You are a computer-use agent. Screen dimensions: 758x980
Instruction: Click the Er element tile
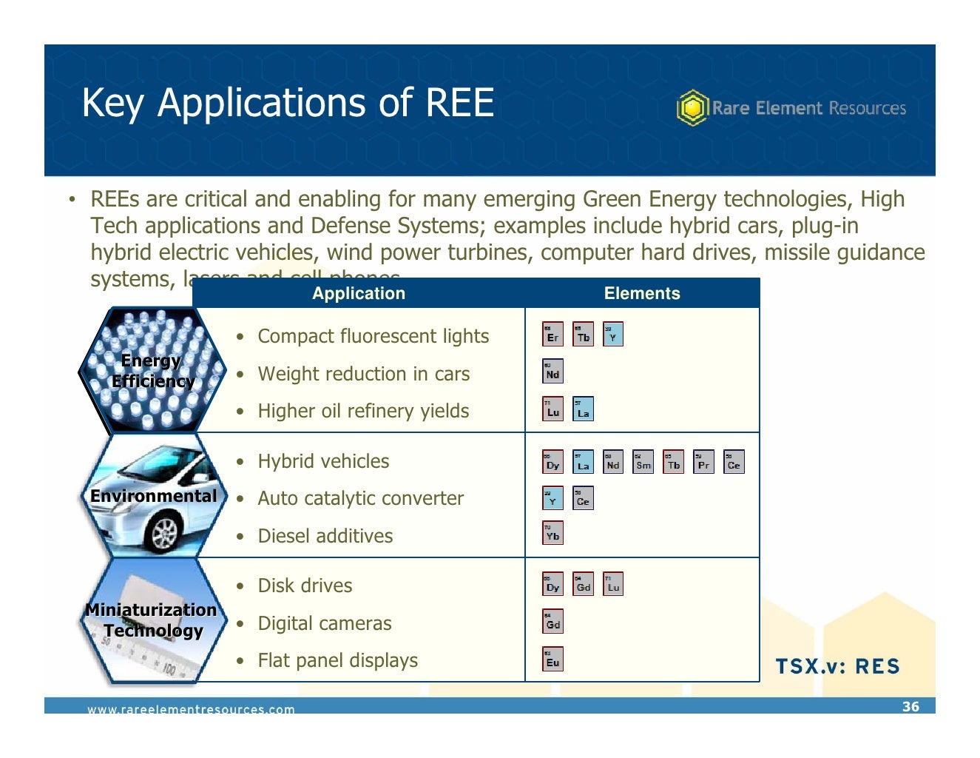click(x=552, y=335)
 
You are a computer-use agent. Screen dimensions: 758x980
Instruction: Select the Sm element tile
click(x=643, y=462)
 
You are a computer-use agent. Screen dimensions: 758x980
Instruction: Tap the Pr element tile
click(x=703, y=462)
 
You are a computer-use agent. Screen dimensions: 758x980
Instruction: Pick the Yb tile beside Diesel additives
click(x=552, y=534)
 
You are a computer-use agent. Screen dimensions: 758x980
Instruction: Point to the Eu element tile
click(x=552, y=660)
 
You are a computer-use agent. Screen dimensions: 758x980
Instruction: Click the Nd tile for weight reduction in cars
click(x=552, y=372)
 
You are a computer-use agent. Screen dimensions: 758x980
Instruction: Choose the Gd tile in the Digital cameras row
click(x=552, y=622)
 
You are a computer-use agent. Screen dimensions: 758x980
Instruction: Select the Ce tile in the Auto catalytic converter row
click(x=583, y=498)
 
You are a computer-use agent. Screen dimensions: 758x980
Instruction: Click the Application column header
click(x=359, y=293)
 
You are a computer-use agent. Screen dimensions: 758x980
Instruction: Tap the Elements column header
click(x=642, y=293)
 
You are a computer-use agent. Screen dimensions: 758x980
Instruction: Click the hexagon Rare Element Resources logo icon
click(x=692, y=108)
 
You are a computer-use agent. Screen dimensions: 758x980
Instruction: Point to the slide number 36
click(x=910, y=706)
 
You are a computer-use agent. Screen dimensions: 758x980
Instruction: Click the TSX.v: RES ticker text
click(x=837, y=666)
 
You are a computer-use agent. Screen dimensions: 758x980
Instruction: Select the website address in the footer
click(x=191, y=709)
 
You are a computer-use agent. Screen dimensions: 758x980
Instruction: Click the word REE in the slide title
click(x=459, y=102)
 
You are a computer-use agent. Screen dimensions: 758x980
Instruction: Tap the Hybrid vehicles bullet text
click(x=323, y=461)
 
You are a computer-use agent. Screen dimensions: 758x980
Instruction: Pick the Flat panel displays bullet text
click(x=337, y=660)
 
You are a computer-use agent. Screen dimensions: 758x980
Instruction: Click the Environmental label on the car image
click(x=153, y=496)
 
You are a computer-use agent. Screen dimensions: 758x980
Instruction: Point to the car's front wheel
click(x=163, y=531)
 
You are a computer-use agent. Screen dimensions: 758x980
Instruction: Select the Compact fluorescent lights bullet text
click(x=373, y=336)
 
